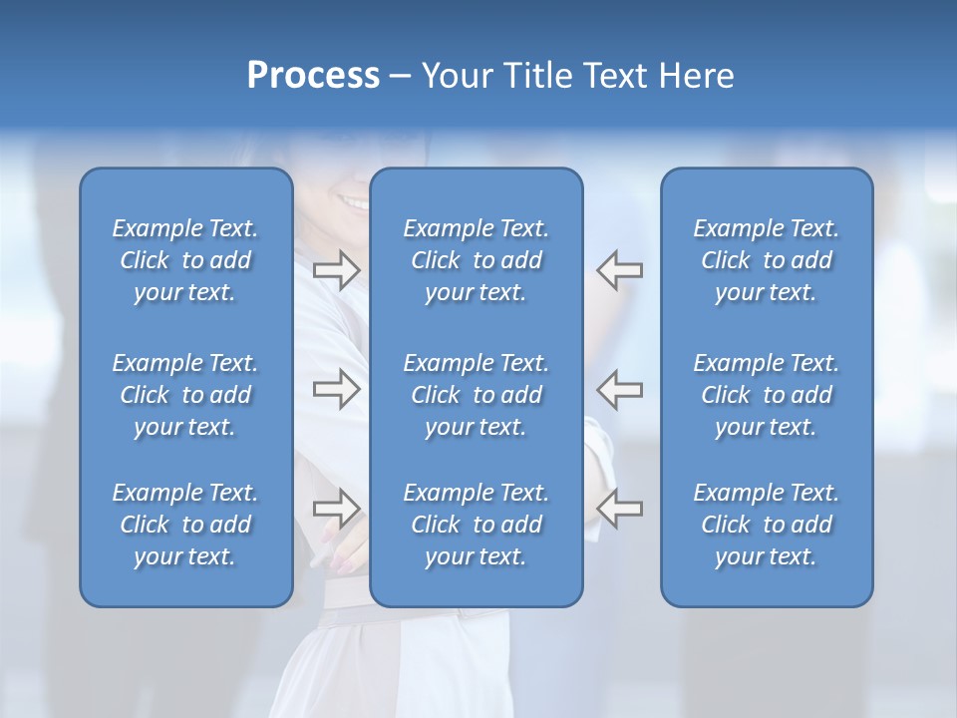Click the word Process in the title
coord(313,76)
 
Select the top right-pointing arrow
coord(337,270)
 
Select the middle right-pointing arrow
coord(337,388)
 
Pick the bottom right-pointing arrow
coord(337,509)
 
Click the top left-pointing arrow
coord(620,270)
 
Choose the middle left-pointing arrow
coord(620,388)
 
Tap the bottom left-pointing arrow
coord(620,509)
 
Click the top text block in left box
coord(185,260)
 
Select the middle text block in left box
coord(185,395)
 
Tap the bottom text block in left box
coord(185,525)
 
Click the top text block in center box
coord(476,260)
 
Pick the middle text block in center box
coord(476,395)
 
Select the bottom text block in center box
coord(476,525)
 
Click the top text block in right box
coord(766,260)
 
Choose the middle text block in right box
coord(766,395)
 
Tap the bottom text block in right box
coord(766,525)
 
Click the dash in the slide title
coord(401,77)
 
